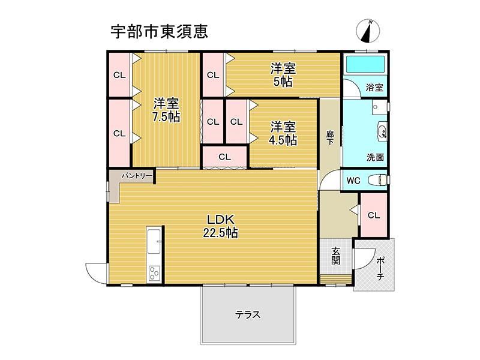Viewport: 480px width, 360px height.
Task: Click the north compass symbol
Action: (x=368, y=31)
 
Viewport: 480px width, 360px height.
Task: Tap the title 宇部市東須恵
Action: (x=159, y=31)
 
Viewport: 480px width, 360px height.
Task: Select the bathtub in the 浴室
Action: (x=365, y=65)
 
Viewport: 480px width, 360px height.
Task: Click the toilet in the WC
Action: (x=379, y=179)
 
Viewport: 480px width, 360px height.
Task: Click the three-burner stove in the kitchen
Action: (x=154, y=273)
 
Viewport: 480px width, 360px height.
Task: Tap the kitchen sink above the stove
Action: (x=154, y=241)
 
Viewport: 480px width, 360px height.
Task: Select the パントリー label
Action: (x=137, y=176)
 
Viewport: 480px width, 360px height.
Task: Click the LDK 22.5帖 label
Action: (x=220, y=226)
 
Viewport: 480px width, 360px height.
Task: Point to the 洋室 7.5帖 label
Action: (x=166, y=110)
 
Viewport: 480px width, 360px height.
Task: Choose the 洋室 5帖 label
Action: (x=283, y=75)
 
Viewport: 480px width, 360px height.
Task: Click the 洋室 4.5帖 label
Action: (x=283, y=133)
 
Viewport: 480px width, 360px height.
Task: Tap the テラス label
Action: (x=248, y=314)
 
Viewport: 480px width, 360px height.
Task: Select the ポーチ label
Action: (x=380, y=268)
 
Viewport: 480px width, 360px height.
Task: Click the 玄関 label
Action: (x=335, y=256)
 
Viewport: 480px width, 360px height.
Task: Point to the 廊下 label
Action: (x=329, y=138)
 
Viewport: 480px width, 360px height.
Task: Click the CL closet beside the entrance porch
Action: (x=374, y=215)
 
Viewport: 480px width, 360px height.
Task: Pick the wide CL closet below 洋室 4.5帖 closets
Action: (x=224, y=157)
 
